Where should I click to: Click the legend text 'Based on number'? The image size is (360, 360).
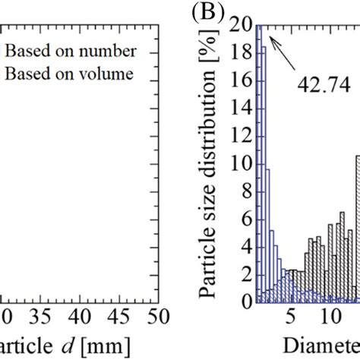click(71, 52)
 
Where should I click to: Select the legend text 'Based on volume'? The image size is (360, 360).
click(71, 74)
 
